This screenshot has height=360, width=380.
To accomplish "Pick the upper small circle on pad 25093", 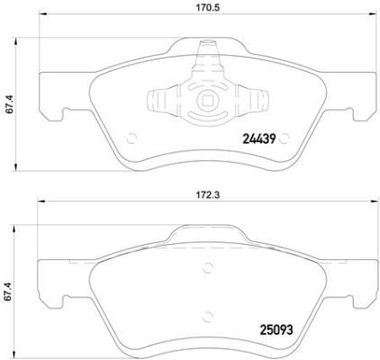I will pyautogui.click(x=210, y=265).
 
